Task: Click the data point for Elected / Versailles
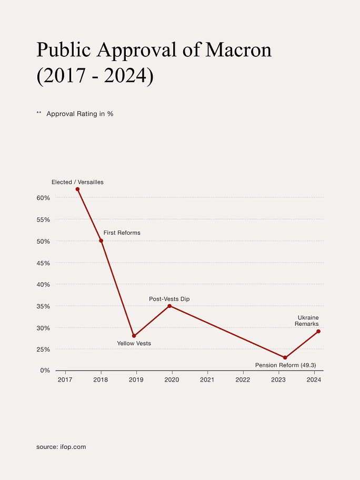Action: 77,189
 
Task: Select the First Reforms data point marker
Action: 101,241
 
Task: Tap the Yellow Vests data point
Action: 134,336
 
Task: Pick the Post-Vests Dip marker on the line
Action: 169,306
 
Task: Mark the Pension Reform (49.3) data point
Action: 285,357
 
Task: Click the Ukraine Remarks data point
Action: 318,331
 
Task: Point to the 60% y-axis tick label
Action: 43,198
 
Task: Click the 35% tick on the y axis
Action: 43,306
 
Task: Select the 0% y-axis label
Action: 45,371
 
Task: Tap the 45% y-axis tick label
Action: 43,263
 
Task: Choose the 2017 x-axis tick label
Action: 65,379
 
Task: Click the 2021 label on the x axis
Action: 207,379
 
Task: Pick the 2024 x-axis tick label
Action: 314,379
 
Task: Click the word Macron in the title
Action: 238,49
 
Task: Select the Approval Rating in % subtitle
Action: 80,114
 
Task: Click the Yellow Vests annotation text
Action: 134,344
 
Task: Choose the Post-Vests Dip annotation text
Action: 169,299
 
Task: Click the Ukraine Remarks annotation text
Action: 307,321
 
